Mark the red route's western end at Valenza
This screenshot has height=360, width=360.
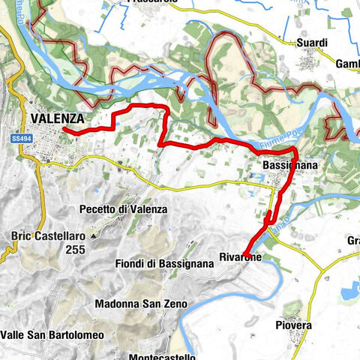click(64, 130)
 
